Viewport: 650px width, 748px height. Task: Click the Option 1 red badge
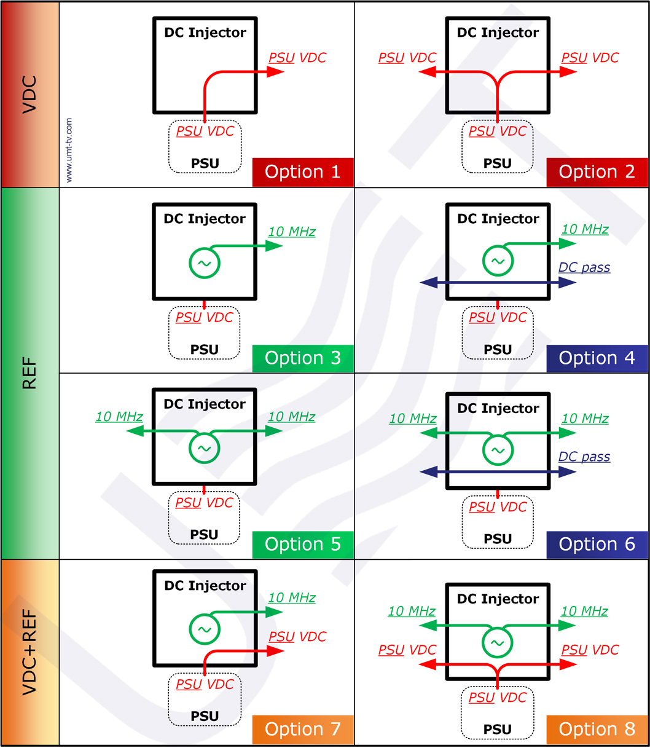303,172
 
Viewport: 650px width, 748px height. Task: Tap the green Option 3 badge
303,358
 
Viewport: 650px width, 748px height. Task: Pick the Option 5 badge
303,545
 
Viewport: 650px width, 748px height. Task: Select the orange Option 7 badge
303,730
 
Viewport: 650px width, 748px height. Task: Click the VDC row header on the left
29,95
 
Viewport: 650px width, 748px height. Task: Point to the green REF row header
29,373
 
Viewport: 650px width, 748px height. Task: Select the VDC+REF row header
29,652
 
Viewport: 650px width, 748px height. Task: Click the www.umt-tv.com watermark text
69,150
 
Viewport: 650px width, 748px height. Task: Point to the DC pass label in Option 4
584,268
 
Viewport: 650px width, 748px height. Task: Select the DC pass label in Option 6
584,457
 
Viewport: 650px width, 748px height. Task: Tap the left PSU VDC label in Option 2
407,58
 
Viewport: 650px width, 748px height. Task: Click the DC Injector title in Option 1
205,33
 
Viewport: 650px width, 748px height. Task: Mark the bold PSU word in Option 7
205,716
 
